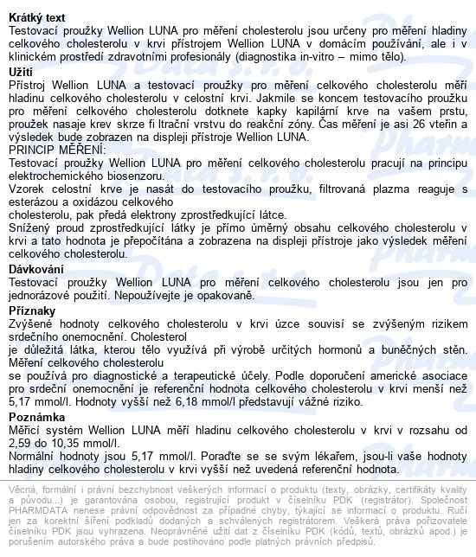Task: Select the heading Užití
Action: click(23, 72)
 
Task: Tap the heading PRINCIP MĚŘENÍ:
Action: click(55, 150)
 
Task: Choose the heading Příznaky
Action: click(33, 310)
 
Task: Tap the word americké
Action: click(376, 376)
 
